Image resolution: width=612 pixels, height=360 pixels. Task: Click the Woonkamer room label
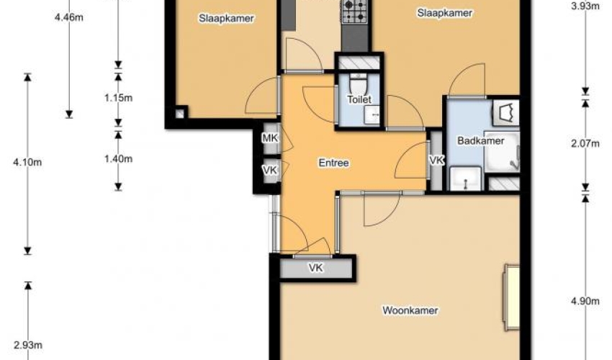click(x=410, y=310)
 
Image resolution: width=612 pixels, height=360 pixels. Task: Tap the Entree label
click(x=333, y=163)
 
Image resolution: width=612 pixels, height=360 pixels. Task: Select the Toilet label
click(x=359, y=99)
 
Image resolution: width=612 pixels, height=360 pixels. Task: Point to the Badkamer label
click(x=481, y=140)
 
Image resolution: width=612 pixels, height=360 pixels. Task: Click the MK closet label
click(x=270, y=138)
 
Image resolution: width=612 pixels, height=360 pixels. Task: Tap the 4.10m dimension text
click(x=27, y=162)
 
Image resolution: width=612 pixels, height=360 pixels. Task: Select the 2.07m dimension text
click(x=585, y=144)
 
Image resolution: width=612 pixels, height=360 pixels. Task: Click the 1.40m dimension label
click(x=118, y=159)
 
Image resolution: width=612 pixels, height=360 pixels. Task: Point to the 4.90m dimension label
click(x=585, y=301)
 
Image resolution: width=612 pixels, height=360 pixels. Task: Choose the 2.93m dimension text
click(x=27, y=345)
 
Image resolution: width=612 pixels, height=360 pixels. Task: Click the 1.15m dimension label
click(x=118, y=98)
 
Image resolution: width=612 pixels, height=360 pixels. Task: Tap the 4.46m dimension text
click(x=69, y=17)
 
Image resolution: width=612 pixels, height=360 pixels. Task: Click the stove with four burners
click(x=354, y=11)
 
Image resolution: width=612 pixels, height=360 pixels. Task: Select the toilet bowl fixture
click(x=358, y=84)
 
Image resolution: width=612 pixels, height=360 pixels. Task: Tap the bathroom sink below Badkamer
click(x=466, y=179)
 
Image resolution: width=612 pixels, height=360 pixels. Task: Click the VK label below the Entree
click(x=315, y=268)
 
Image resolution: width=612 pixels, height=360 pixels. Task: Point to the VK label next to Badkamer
click(x=436, y=160)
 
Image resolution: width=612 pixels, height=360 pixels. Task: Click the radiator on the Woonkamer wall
click(x=512, y=298)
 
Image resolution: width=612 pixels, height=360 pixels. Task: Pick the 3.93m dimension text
click(x=585, y=6)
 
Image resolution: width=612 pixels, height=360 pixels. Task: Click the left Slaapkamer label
click(x=226, y=18)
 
